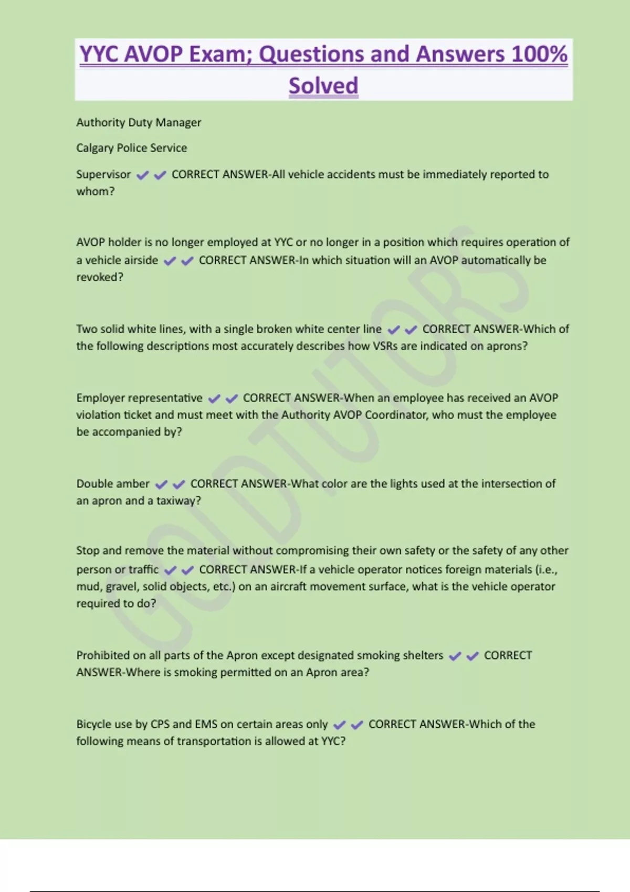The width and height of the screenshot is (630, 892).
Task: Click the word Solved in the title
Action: click(323, 86)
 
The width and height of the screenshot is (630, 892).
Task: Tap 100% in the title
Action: click(539, 54)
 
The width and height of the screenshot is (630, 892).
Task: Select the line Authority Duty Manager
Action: click(139, 122)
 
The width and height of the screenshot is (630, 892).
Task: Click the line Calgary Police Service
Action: click(131, 148)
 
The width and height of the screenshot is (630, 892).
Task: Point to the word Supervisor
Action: click(103, 174)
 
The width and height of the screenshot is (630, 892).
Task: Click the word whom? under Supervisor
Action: click(95, 191)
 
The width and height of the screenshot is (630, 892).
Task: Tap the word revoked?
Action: click(100, 277)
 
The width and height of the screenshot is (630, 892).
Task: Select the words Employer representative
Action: click(139, 398)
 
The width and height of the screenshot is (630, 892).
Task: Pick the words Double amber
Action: click(113, 484)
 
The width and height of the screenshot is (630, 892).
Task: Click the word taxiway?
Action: click(178, 501)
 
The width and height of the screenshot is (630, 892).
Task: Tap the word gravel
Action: click(121, 587)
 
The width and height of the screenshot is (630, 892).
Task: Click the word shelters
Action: click(424, 655)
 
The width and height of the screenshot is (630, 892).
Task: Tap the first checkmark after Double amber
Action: click(161, 484)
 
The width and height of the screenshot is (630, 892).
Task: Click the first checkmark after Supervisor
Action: click(142, 175)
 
